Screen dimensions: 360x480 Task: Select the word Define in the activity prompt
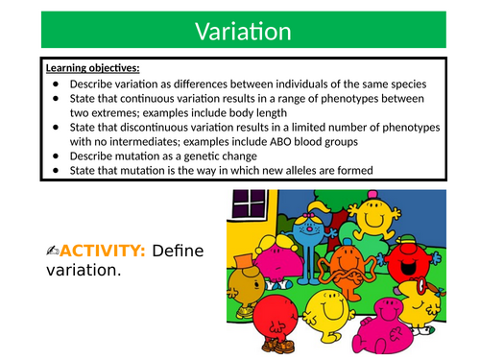(x=182, y=251)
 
